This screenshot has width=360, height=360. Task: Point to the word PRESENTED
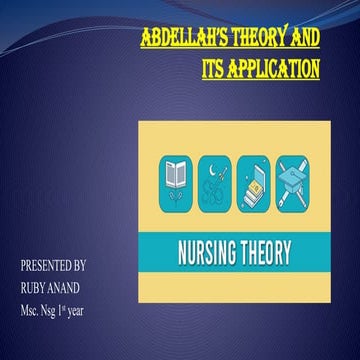point(47,266)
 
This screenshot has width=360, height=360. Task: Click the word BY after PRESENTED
point(81,266)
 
